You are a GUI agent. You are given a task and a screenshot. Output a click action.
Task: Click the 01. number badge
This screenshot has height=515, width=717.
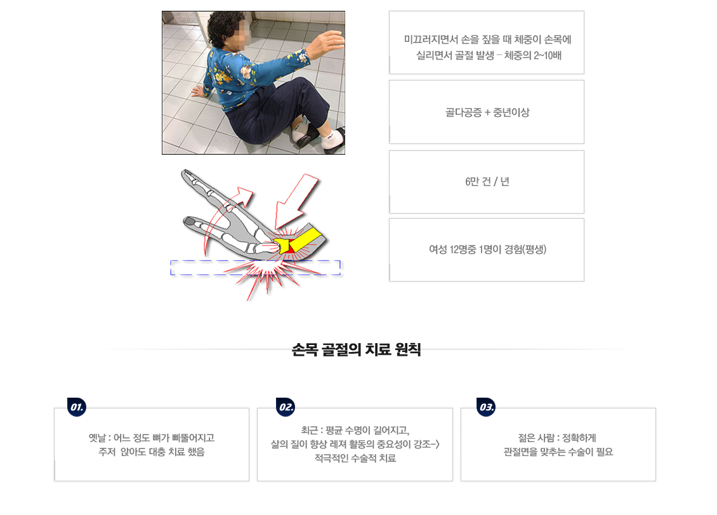[x=77, y=407]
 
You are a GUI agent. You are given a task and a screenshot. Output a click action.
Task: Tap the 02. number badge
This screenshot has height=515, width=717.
[x=286, y=407]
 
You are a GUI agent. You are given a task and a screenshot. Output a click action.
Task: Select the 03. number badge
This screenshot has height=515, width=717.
[x=485, y=407]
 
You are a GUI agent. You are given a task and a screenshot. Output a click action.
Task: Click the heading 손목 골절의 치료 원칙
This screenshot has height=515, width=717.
[x=356, y=349]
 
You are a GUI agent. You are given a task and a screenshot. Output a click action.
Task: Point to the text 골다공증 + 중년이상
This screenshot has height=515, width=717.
[x=487, y=112]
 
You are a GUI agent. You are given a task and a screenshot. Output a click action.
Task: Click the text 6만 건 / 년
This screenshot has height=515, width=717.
[x=487, y=181]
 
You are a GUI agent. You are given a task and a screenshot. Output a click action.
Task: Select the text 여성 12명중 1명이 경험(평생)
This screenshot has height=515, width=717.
[x=487, y=249]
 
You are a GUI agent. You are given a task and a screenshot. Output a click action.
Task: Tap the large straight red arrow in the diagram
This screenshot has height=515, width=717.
[x=296, y=201]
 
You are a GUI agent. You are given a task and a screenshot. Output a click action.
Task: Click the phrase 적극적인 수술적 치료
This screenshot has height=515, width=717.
[x=355, y=458]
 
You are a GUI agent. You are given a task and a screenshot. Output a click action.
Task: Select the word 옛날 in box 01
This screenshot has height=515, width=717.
[x=97, y=438]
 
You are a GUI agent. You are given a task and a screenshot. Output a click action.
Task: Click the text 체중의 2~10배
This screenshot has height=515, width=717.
[x=533, y=55]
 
